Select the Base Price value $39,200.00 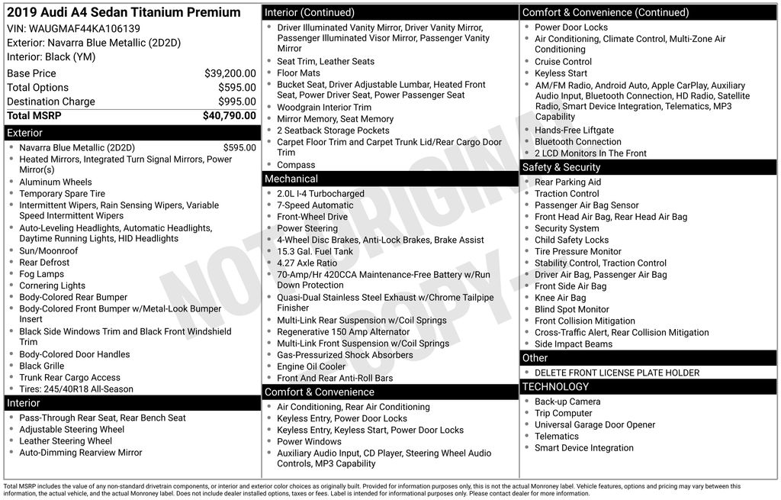tap(230, 73)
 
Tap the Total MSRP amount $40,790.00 tap(229, 116)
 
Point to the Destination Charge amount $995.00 tap(236, 102)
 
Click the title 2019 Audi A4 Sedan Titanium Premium tap(124, 12)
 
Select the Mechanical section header tap(291, 179)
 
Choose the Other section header tap(535, 358)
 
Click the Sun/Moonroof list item tap(48, 250)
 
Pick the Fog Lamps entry tap(42, 274)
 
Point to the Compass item tap(296, 165)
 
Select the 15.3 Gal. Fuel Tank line tap(315, 251)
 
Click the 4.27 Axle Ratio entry tap(307, 263)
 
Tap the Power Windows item tap(309, 441)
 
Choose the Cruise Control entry tap(563, 62)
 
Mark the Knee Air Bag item tap(560, 298)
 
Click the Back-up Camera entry tap(567, 402)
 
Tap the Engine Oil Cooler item tap(311, 366)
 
